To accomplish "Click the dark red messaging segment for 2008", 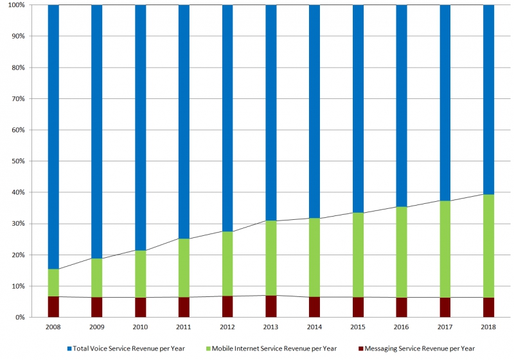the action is tap(53, 307).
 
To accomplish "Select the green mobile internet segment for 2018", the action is tap(488, 246).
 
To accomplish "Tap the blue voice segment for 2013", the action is tap(271, 113).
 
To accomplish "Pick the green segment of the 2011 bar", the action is tap(184, 268).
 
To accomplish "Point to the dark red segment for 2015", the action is tap(358, 307).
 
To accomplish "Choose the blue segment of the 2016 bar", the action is tap(402, 106).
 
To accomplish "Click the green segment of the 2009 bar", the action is tap(97, 278).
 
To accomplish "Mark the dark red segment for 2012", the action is tap(227, 307).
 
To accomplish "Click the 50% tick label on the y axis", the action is tap(18, 161).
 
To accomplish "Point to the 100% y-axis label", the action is tap(17, 5).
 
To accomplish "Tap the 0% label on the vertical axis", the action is tap(20, 318).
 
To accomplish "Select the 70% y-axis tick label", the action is tap(18, 99).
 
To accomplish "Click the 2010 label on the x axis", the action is tap(140, 327).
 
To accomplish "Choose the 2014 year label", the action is tap(314, 327).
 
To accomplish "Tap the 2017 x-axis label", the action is tap(445, 327).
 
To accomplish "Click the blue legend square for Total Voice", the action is tap(69, 348).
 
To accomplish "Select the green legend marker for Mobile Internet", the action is tap(208, 348).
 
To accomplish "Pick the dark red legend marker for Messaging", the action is tap(361, 348).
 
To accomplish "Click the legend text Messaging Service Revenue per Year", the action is tap(420, 348).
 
